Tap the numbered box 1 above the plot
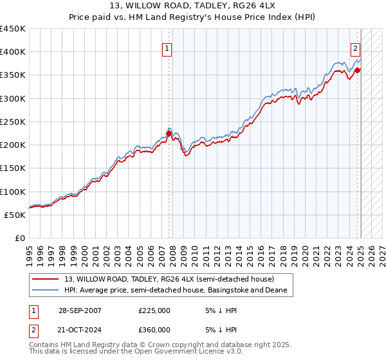[x=167, y=48]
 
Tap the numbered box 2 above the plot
[x=354, y=48]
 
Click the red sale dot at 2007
[x=169, y=134]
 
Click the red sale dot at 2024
[x=357, y=70]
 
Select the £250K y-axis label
[x=13, y=122]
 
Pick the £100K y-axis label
[x=13, y=192]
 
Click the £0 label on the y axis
[x=20, y=238]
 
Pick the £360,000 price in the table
[x=154, y=329]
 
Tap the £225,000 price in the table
[x=154, y=310]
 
